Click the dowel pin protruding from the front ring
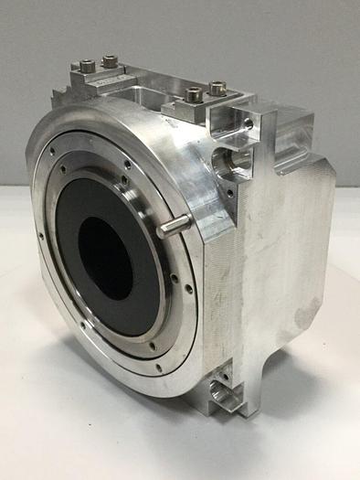click(x=173, y=225)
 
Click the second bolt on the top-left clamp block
click(x=110, y=61)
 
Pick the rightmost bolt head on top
click(x=217, y=90)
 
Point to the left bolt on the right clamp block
click(x=194, y=94)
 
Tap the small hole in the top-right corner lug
click(x=248, y=122)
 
